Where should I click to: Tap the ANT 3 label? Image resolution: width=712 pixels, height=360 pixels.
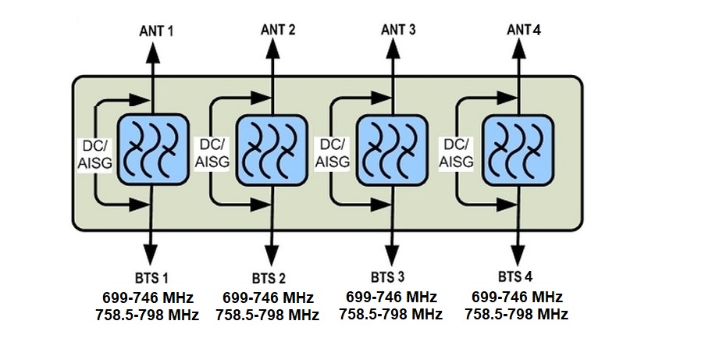click(x=398, y=30)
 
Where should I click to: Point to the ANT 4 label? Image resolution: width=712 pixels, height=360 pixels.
click(x=524, y=30)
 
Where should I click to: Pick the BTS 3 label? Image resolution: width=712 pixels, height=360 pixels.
click(x=388, y=277)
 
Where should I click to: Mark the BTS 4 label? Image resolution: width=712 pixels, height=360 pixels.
click(x=515, y=277)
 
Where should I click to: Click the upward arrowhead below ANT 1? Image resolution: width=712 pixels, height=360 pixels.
click(x=154, y=49)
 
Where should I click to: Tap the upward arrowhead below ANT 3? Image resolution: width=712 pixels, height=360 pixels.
click(x=393, y=49)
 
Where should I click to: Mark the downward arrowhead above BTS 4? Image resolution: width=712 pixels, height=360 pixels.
click(x=517, y=255)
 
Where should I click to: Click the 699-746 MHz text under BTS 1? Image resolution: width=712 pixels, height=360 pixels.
click(x=148, y=298)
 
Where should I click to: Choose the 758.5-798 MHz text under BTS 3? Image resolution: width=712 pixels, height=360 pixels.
click(x=390, y=315)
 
